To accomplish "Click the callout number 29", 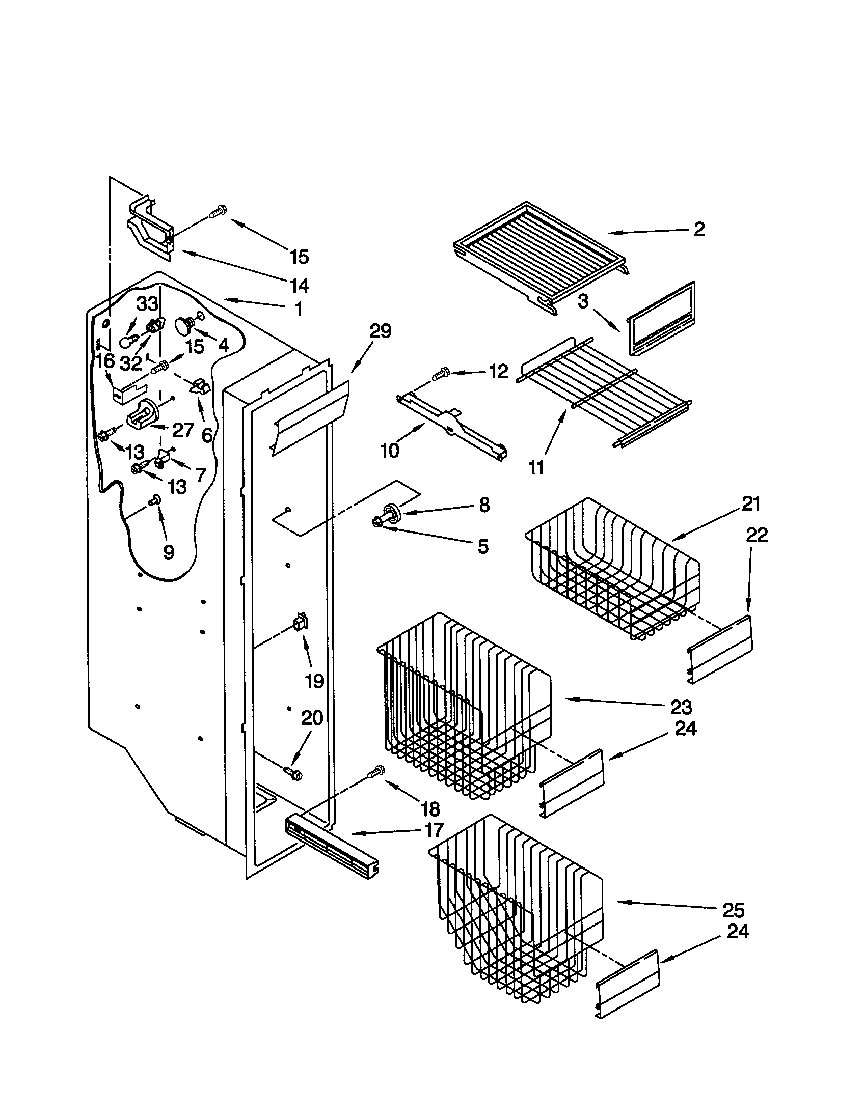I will [381, 332].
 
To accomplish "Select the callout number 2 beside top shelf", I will [699, 229].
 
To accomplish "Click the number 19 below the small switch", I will [314, 681].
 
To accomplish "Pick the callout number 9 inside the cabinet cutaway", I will [168, 552].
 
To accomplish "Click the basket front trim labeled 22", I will [720, 649].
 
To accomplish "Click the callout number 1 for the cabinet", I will [298, 309].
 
